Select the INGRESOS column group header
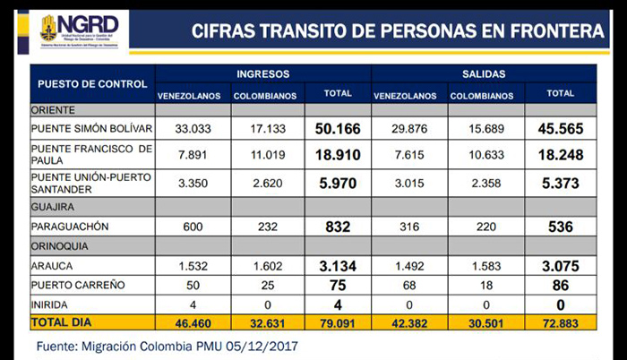coord(262,73)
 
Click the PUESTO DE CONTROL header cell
coord(93,84)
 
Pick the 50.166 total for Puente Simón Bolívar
coord(337,129)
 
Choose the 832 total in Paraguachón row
coord(337,227)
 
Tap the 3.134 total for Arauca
coord(337,266)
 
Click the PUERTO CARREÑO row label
coord(76,285)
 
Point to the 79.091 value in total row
coord(337,321)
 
